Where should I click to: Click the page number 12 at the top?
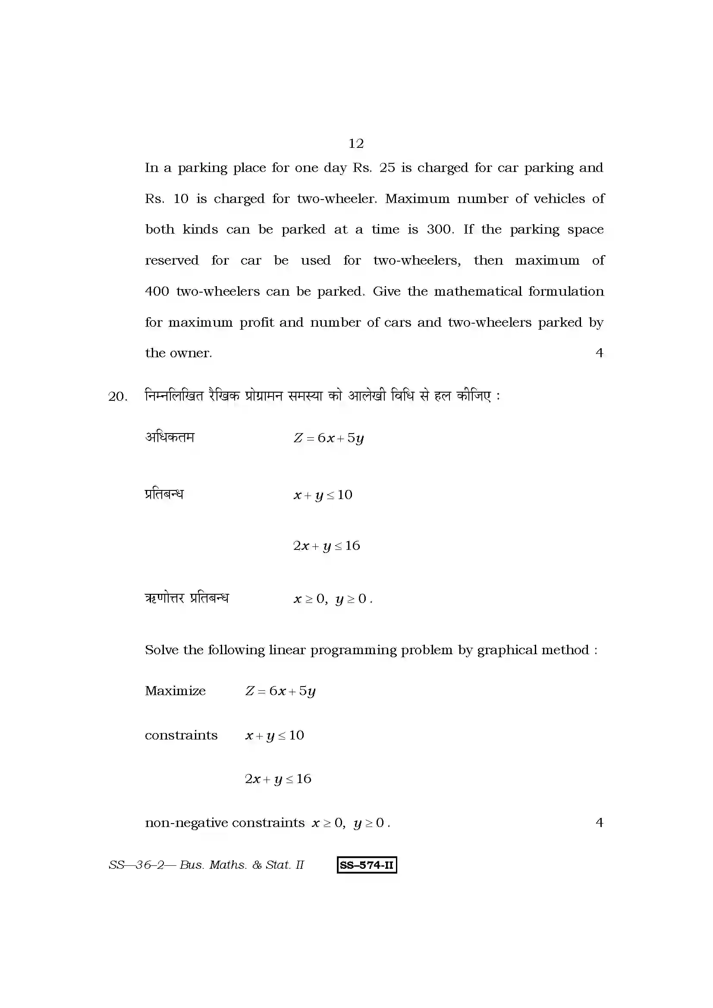(x=356, y=144)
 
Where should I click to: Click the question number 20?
(x=117, y=397)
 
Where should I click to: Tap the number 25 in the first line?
(x=386, y=168)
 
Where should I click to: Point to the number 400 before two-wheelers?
(x=157, y=291)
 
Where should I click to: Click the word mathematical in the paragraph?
(x=477, y=291)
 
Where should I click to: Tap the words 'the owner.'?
(x=179, y=353)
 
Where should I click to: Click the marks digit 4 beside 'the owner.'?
(x=599, y=353)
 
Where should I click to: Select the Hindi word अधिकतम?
(x=170, y=437)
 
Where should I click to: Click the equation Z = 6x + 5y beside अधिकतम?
(x=329, y=438)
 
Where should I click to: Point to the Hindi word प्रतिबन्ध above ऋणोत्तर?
(x=164, y=494)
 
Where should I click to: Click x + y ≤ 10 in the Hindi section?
(x=323, y=495)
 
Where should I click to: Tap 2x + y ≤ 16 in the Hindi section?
(x=327, y=546)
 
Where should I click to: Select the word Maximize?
(x=175, y=691)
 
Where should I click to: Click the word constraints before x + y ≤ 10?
(x=181, y=735)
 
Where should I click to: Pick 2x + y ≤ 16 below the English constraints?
(x=278, y=779)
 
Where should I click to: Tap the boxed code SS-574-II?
(x=367, y=865)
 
